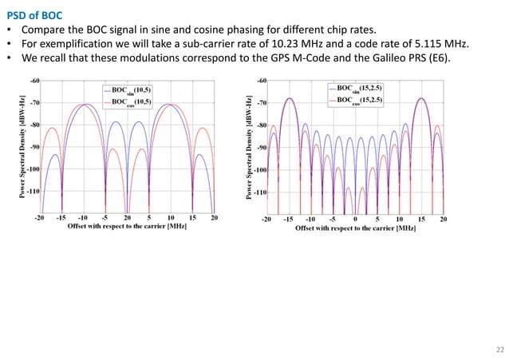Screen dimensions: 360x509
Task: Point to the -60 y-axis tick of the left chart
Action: point(35,81)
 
